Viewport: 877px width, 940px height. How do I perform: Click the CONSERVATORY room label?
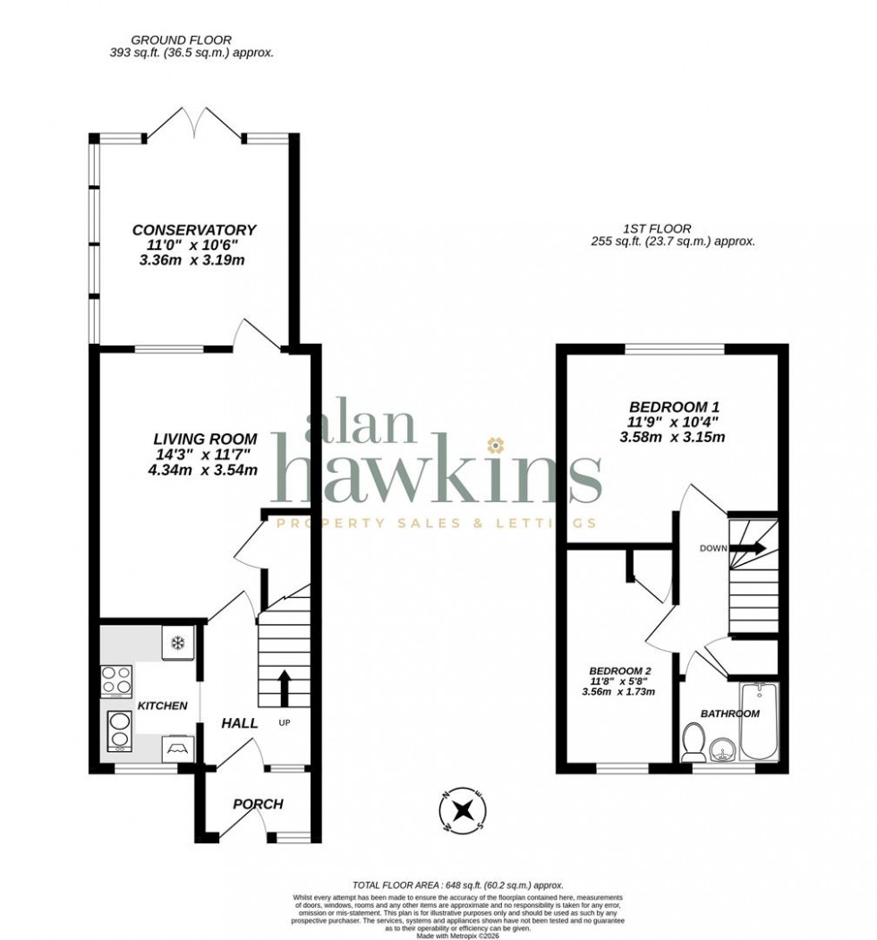[196, 230]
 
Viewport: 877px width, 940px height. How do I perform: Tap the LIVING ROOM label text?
[205, 440]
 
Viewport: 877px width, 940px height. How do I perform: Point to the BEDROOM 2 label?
[619, 671]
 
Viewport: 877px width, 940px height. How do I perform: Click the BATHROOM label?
[729, 714]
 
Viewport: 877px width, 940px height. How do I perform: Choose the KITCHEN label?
[162, 705]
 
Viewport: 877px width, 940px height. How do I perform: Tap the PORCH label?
[258, 804]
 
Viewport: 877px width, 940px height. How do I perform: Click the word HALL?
[240, 722]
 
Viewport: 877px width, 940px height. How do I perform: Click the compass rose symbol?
[463, 811]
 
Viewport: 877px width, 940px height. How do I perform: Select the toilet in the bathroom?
[693, 743]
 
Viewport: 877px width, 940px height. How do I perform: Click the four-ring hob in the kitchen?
[117, 680]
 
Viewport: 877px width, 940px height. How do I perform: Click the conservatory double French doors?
[194, 123]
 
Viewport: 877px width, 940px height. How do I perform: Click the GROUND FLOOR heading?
[182, 39]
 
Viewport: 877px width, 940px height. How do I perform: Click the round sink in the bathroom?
[720, 748]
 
